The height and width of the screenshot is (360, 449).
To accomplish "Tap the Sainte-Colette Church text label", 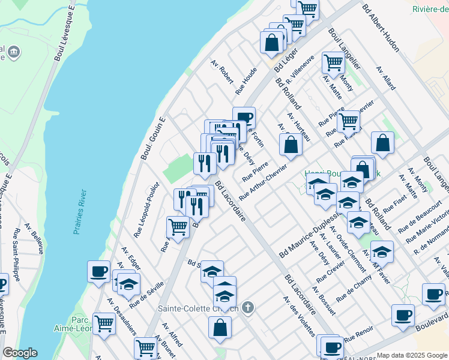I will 198,309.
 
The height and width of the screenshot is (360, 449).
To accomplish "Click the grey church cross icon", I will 248,308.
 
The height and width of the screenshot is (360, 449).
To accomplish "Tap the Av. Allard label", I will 386,79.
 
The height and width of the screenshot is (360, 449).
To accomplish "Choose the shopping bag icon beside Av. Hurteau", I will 291,145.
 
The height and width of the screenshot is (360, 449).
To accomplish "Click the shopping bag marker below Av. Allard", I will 382,143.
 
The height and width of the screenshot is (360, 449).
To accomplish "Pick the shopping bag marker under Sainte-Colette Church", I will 220,328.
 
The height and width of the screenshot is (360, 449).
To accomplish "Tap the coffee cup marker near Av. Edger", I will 98,272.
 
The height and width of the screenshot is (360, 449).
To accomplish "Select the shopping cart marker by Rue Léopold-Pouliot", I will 178,227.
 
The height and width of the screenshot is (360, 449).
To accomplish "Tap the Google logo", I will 20,353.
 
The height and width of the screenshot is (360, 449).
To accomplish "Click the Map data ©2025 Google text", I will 411,355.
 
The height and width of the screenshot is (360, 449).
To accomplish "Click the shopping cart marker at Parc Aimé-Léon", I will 104,323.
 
